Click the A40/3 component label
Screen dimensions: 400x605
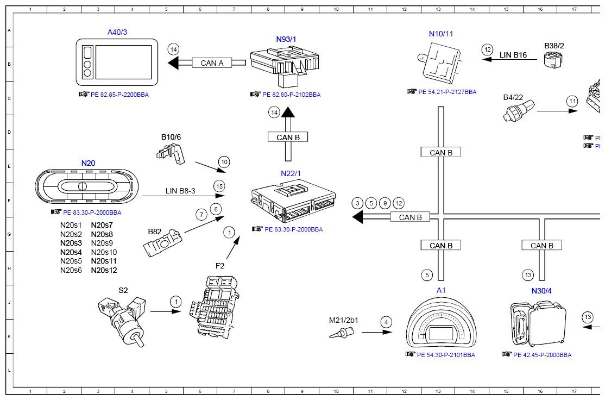[x=117, y=32]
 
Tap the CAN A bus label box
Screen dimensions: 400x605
[x=212, y=63]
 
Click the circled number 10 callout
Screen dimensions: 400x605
[x=224, y=161]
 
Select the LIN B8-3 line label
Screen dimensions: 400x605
[x=180, y=191]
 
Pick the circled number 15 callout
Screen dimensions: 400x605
[x=219, y=186]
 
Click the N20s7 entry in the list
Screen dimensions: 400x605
[x=102, y=225]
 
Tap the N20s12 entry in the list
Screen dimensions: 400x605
[x=104, y=270]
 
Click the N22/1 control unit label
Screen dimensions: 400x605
[x=291, y=173]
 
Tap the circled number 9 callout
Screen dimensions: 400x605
[x=385, y=203]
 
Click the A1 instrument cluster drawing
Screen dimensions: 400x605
[x=441, y=324]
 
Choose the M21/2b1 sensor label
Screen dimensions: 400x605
[x=344, y=320]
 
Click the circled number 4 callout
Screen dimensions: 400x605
[x=386, y=321]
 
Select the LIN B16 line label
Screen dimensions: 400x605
[x=513, y=55]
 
